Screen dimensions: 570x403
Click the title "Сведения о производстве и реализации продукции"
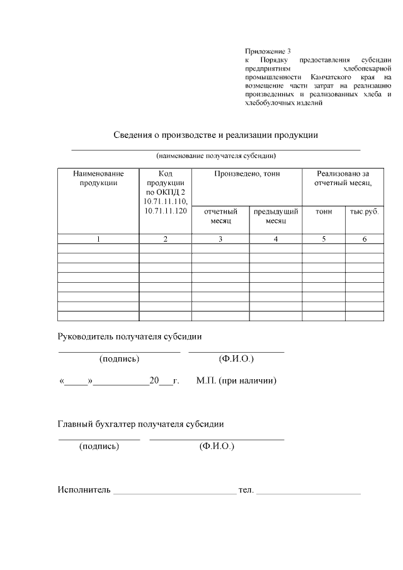[215, 135]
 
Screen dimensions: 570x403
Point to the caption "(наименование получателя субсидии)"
[216, 156]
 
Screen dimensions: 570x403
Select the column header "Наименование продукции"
[98, 178]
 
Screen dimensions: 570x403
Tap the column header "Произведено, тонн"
[247, 174]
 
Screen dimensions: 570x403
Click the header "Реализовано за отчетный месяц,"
[343, 178]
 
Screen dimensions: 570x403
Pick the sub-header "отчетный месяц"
[220, 217]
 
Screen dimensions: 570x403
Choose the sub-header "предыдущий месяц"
[276, 217]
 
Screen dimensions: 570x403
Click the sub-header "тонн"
[324, 212]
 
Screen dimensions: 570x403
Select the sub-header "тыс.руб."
[365, 212]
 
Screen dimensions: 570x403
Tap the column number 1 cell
[98, 239]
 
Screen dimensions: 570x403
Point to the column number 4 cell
[276, 239]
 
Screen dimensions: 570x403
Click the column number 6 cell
[365, 239]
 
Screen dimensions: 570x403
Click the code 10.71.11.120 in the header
[166, 210]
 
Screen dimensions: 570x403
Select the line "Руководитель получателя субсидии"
[130, 337]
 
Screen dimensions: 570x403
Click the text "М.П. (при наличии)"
[236, 380]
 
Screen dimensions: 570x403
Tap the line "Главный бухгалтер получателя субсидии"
[140, 424]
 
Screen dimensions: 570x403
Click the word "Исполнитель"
[84, 489]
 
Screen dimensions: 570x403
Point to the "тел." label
[246, 489]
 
